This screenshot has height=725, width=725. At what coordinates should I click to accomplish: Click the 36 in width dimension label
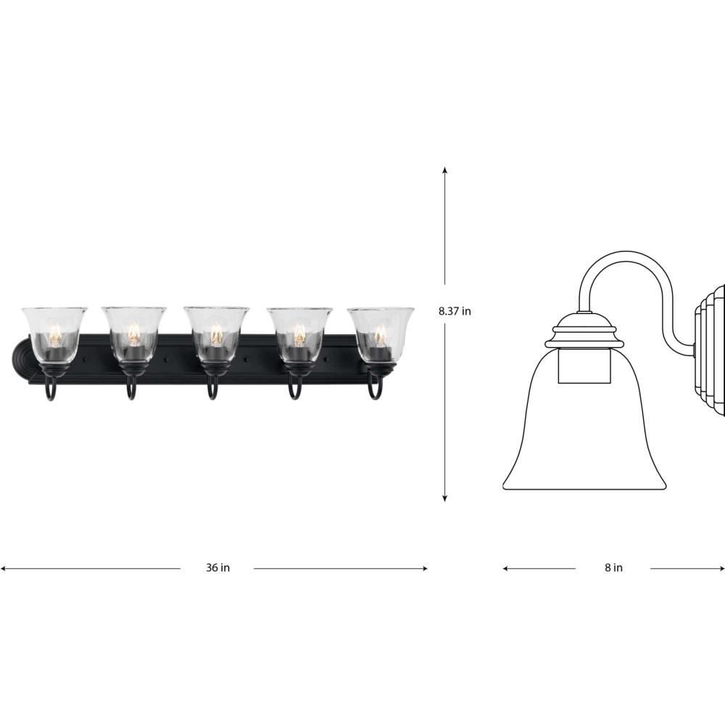(217, 568)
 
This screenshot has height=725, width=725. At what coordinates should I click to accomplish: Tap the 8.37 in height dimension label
(455, 311)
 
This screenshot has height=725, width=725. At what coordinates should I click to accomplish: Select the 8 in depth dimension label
(613, 568)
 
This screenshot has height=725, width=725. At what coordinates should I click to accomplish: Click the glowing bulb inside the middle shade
(215, 333)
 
